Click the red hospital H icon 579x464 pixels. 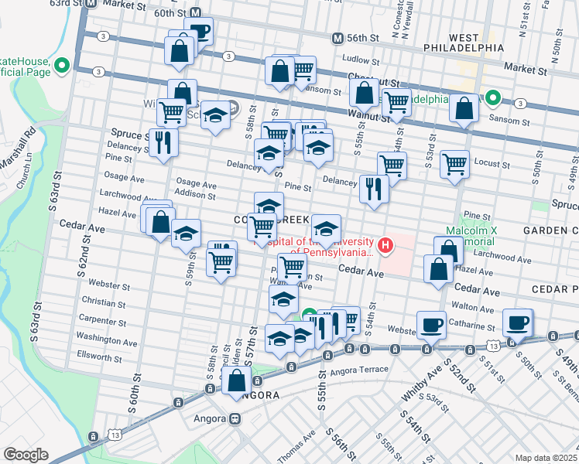pyautogui.click(x=385, y=247)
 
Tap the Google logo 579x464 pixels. pyautogui.click(x=25, y=455)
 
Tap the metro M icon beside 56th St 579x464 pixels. pyautogui.click(x=337, y=38)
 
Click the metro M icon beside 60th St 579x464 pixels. pyautogui.click(x=196, y=13)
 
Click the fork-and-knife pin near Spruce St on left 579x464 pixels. pyautogui.click(x=163, y=142)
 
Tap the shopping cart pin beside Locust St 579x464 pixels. pyautogui.click(x=454, y=163)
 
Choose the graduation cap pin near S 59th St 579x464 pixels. pyautogui.click(x=187, y=233)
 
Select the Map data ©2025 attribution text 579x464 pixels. pyautogui.click(x=545, y=457)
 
